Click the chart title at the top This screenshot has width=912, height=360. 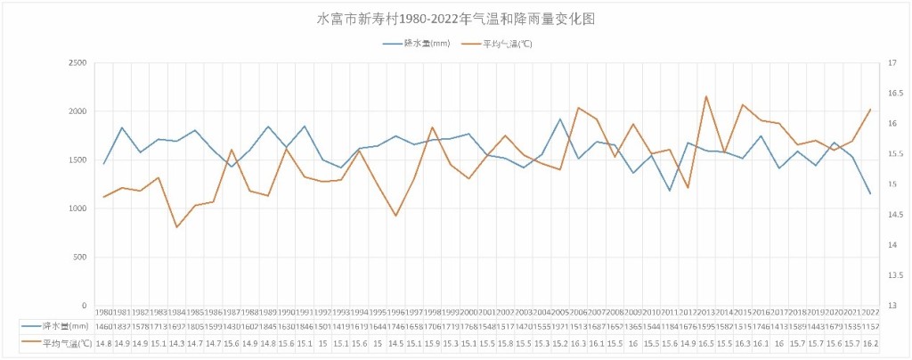pos(455,19)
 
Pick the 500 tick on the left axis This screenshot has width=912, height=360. pos(79,257)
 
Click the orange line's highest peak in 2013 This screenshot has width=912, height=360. pos(706,96)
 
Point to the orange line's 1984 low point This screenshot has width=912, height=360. pos(177,227)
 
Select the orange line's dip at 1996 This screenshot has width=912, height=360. pos(396,216)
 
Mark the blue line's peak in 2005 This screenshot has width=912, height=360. pos(560,119)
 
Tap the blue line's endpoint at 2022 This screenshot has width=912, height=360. pos(870,193)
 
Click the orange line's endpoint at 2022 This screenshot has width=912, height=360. pos(870,110)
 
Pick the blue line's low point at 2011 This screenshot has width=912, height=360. pos(670,190)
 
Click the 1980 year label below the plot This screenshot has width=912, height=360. pos(104,311)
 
